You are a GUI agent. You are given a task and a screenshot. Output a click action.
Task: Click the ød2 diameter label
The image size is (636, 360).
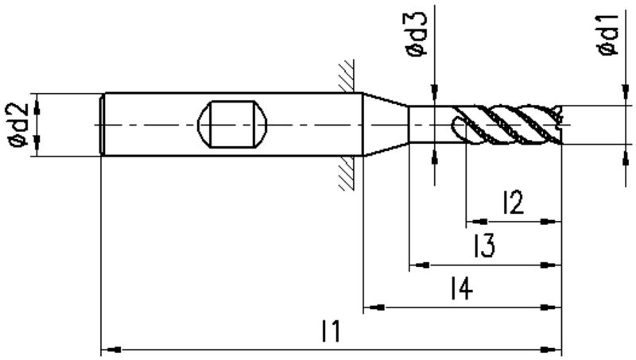pos(19,125)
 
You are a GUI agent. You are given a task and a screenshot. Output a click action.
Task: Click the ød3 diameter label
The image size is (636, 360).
pos(417,34)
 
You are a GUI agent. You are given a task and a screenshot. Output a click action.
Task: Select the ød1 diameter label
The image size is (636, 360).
pos(607,34)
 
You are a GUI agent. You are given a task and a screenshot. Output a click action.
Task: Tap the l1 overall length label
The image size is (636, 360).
pos(331,331)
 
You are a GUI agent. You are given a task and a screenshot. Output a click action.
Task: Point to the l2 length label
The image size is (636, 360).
pos(513,202)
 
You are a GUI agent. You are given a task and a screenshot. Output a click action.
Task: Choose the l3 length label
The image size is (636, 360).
pos(484,246)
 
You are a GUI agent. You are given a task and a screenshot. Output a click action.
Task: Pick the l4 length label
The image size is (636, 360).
pos(462,288)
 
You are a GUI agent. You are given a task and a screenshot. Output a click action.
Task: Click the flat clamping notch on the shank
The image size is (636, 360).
pos(232,124)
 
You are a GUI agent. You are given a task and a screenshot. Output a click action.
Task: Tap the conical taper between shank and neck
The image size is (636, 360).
pos(386,124)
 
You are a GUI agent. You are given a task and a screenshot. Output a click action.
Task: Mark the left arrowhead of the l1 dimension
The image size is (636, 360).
pos(111,350)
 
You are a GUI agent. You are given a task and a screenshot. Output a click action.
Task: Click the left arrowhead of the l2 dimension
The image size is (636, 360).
pos(476,222)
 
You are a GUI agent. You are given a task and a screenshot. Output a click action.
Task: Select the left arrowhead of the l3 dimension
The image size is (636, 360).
pos(420,265)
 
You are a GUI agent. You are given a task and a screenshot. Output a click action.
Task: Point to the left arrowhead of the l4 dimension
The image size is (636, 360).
pos(374,308)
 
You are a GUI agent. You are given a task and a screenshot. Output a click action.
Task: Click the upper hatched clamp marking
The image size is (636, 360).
pos(347,76)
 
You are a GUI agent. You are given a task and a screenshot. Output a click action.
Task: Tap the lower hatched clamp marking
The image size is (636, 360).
pos(347,173)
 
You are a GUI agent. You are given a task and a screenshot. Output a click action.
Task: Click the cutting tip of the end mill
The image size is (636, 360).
pos(560,125)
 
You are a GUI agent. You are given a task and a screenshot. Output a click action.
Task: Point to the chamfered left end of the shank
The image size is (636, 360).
pos(103,124)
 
